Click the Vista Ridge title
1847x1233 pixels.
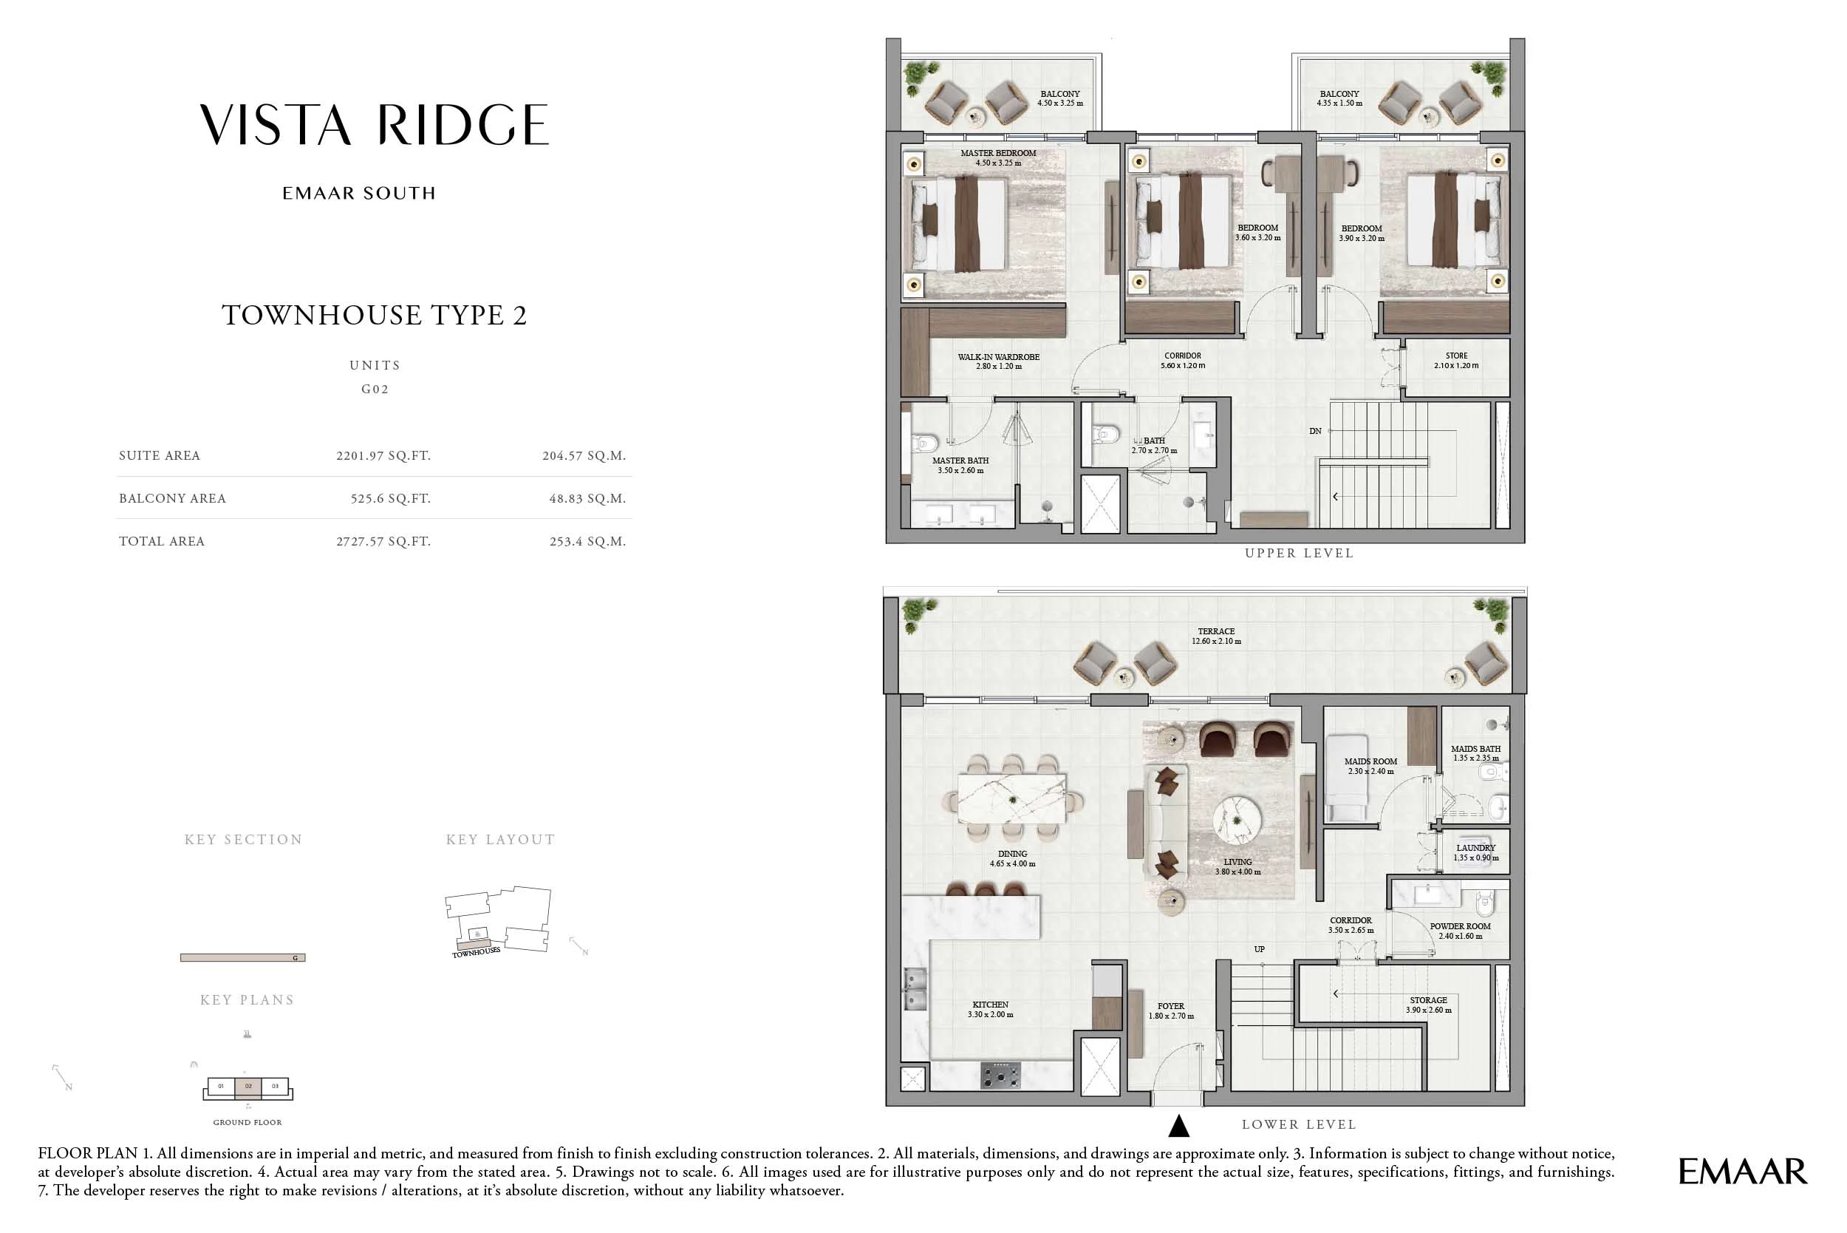(x=374, y=126)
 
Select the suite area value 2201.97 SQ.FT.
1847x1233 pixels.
(x=383, y=456)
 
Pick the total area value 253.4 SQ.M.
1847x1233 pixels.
(x=587, y=542)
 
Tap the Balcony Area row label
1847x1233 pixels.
(x=172, y=498)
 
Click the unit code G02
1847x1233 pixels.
(x=375, y=390)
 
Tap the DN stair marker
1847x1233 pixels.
(x=1315, y=431)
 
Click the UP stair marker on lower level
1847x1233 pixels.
(x=1259, y=949)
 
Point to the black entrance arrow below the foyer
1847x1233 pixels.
(x=1178, y=1126)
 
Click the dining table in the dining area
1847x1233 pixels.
(x=1011, y=798)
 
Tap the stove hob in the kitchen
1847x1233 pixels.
(x=1000, y=1074)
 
